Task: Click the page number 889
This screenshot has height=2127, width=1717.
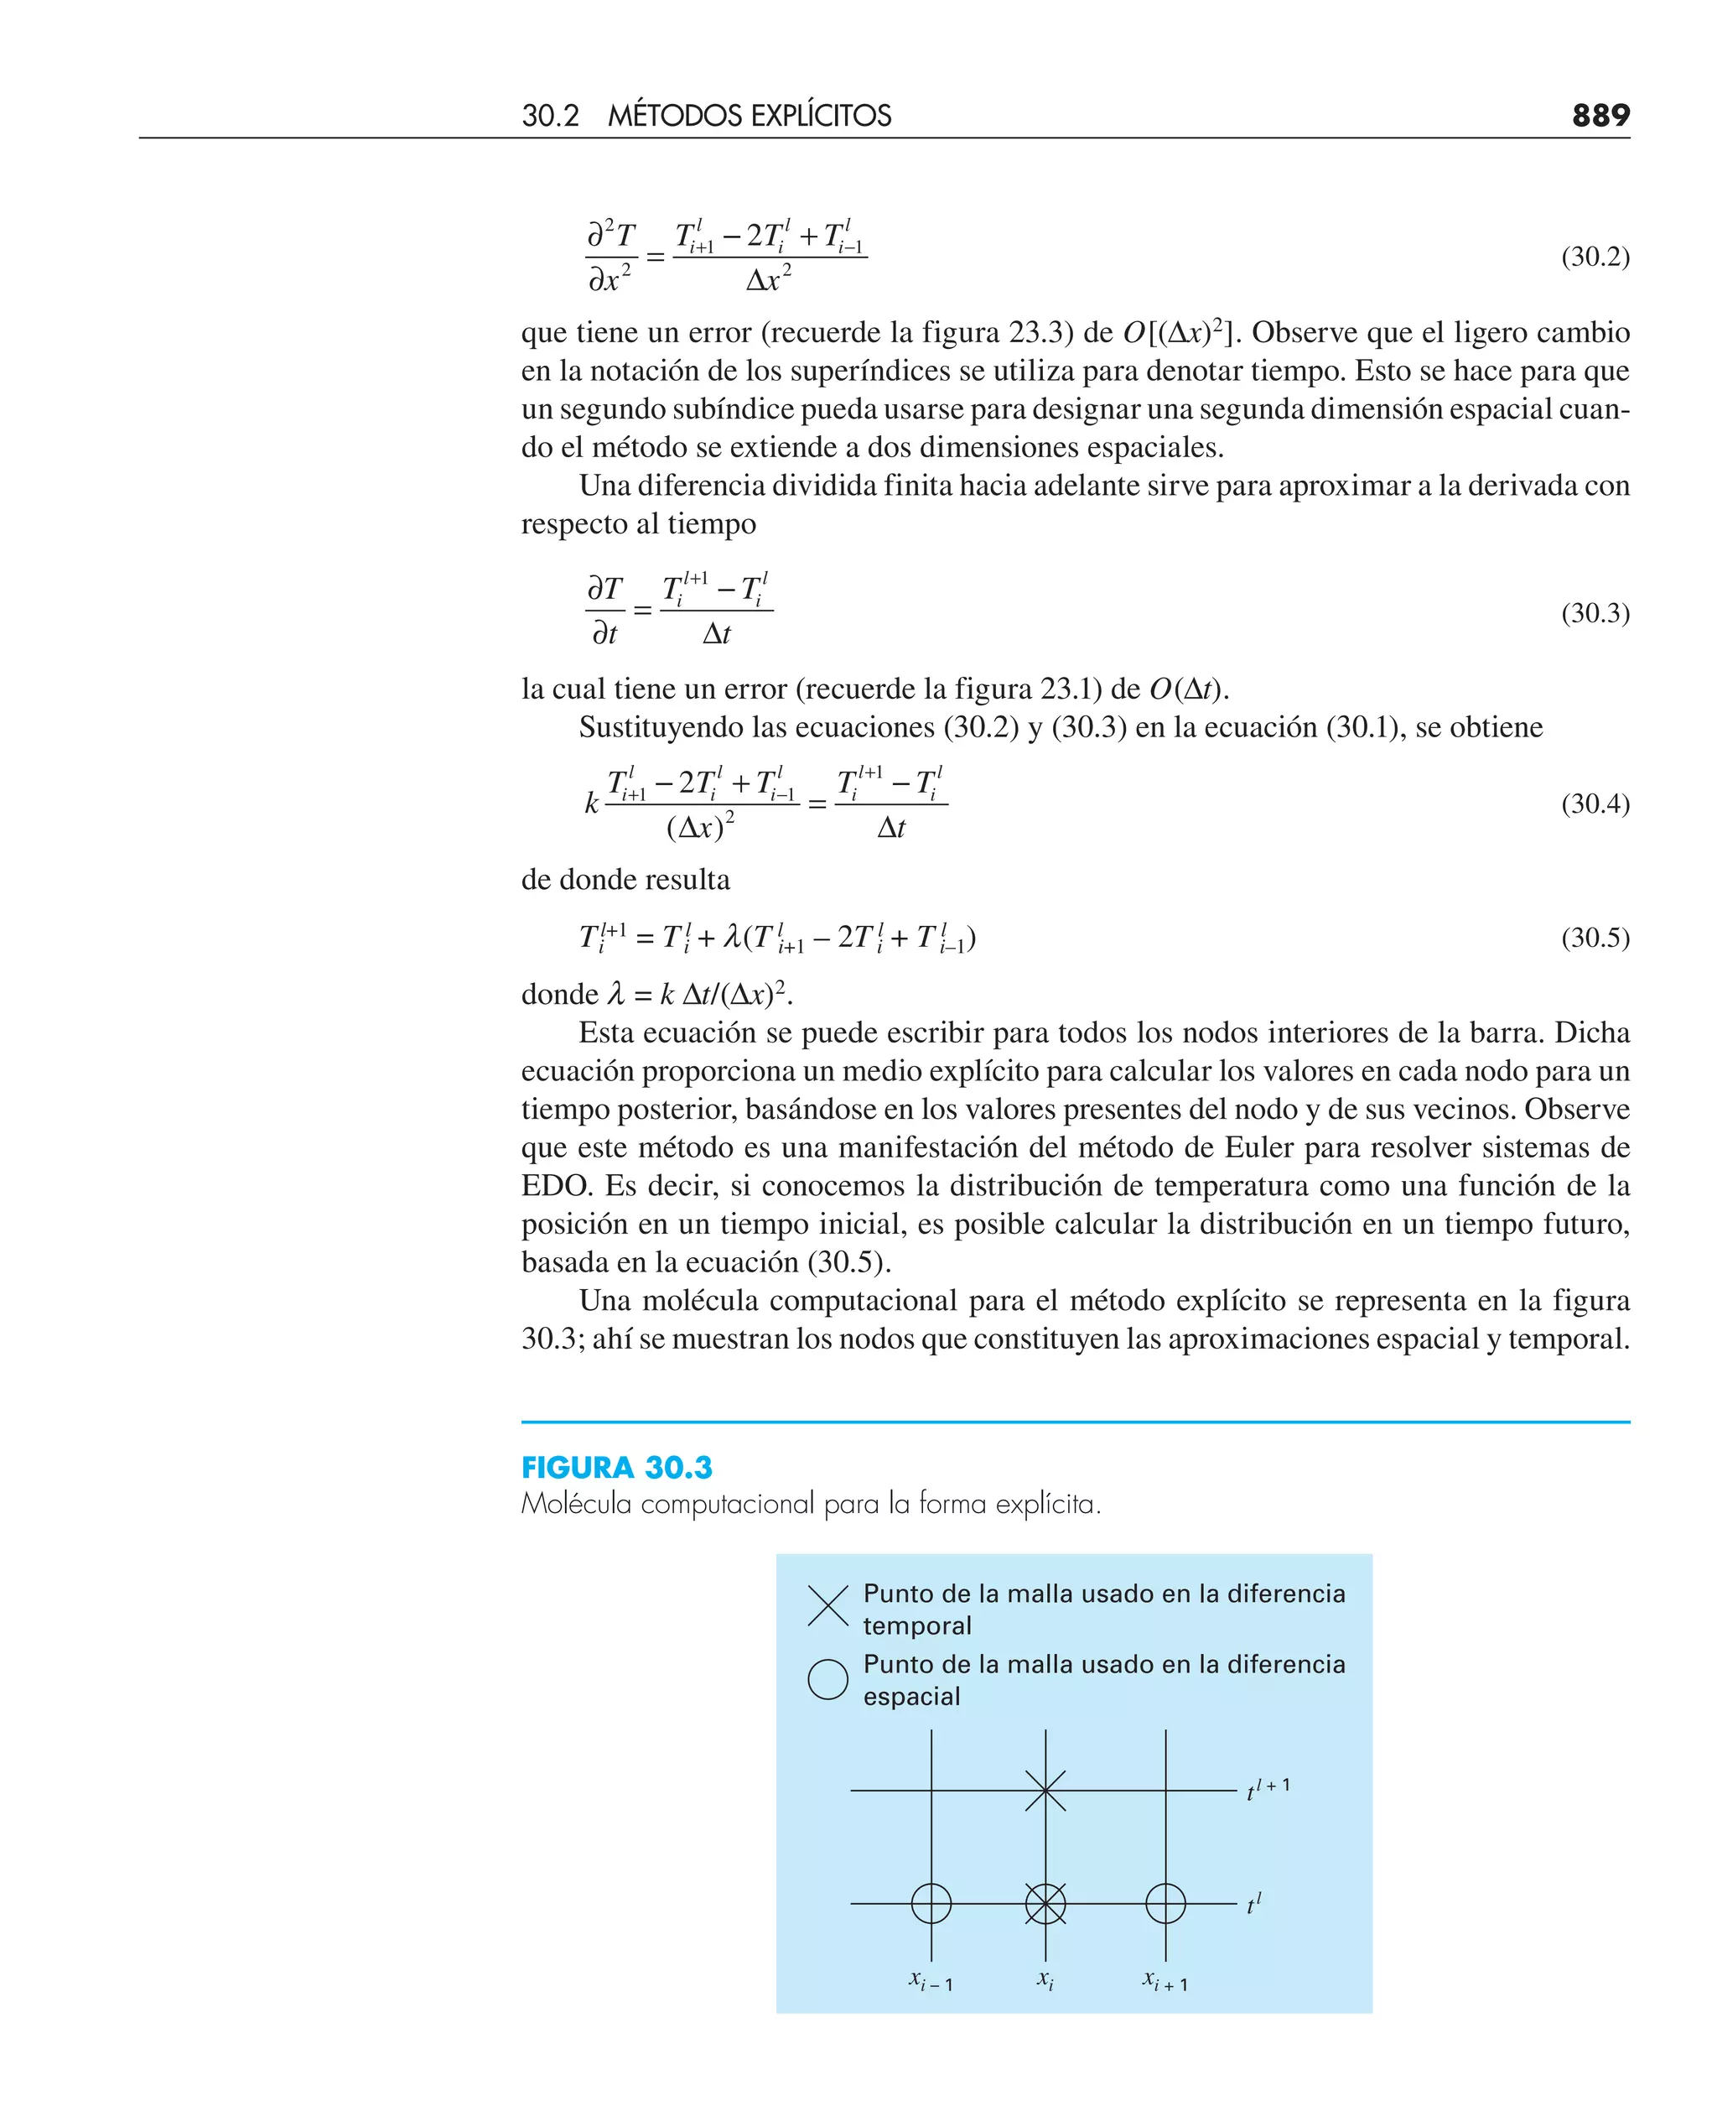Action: pos(1600,116)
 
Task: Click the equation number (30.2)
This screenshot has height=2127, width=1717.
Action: pos(1595,257)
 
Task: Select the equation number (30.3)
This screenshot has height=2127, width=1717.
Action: pos(1595,613)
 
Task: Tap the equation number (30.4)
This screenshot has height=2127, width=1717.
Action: pos(1595,803)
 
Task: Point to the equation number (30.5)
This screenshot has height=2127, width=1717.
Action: pos(1595,938)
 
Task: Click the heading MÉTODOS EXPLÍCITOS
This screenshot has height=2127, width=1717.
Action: pos(749,116)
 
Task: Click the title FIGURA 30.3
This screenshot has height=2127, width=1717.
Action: pos(616,1467)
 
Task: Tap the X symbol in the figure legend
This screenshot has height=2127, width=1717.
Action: pos(827,1605)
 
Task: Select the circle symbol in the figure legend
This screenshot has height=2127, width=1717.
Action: pos(827,1679)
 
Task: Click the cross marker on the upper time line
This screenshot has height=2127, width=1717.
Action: pos(1045,1790)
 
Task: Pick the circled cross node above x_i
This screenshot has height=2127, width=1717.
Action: pos(1045,1903)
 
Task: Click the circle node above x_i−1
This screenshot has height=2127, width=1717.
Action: pos(931,1903)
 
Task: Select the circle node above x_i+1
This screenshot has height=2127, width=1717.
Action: pos(1165,1903)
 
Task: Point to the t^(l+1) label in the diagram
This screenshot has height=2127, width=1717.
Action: pos(1267,1789)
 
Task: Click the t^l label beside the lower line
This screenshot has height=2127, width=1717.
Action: pos(1253,1903)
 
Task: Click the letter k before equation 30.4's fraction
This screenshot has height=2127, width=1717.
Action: pos(591,803)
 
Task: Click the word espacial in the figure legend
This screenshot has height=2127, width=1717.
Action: pos(911,1697)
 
